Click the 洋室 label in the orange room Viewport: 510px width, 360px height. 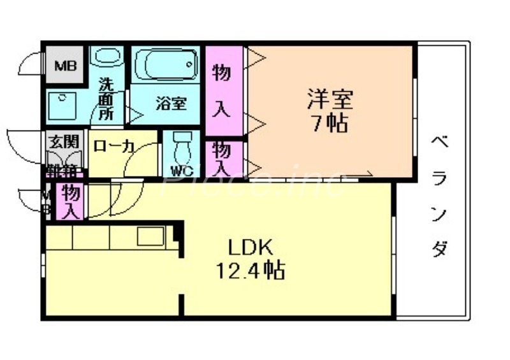tap(330, 99)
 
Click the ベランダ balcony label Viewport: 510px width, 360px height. tap(439, 195)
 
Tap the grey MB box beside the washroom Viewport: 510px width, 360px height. tap(64, 65)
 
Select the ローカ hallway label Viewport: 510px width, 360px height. tap(113, 146)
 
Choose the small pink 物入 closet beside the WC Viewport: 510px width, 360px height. tap(222, 158)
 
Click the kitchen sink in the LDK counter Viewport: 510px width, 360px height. tap(152, 236)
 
